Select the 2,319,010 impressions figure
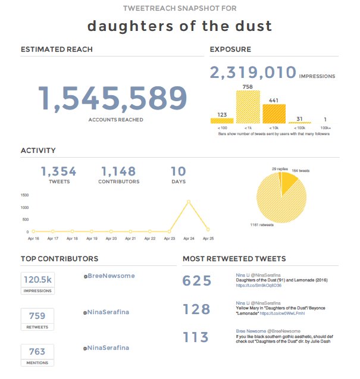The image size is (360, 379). pos(253,73)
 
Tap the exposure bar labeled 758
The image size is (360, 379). pos(248,105)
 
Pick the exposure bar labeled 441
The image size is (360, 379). pos(274,111)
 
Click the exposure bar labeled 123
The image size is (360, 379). pos(222,120)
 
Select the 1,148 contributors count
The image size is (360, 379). pos(118,172)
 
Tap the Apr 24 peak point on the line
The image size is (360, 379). pos(189,201)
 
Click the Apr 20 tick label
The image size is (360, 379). pos(111,239)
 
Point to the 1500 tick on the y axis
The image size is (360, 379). pos(25,195)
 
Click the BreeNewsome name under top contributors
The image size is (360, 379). pos(111,276)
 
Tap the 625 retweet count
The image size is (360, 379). pos(197,281)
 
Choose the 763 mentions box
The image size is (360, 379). pos(37,352)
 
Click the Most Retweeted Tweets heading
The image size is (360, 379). pos(234,259)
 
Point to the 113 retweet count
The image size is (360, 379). pos(197,338)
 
